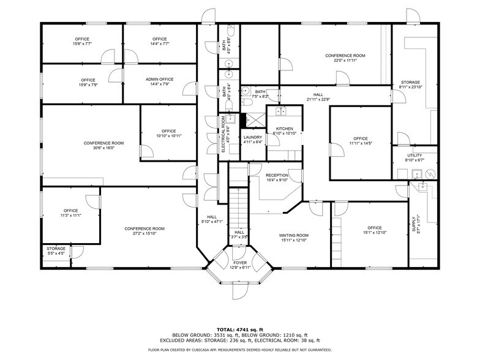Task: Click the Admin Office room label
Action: tap(160, 80)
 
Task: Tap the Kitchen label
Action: tap(284, 129)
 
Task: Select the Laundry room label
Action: tap(252, 137)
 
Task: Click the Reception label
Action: tap(277, 175)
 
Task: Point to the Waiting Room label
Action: tap(294, 235)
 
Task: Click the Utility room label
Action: tap(414, 156)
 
